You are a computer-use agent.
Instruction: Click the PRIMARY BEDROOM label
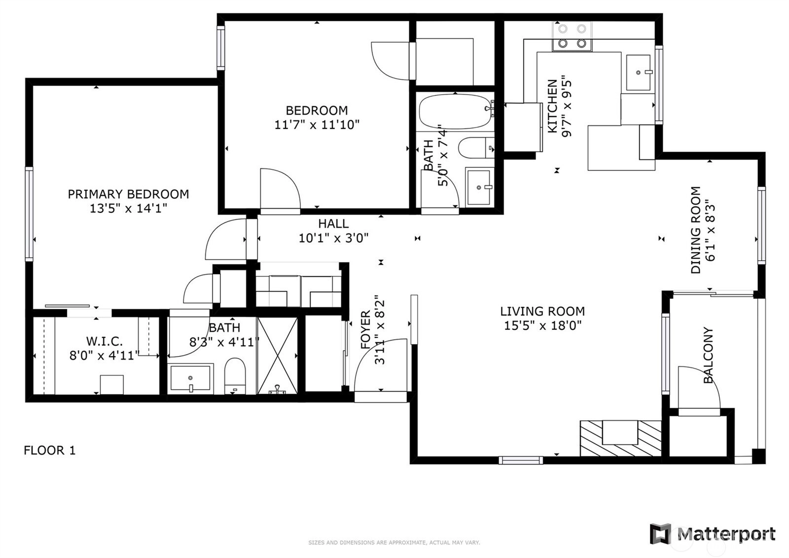(128, 194)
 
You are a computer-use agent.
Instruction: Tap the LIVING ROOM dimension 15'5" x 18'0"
(542, 325)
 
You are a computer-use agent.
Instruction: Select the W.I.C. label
(105, 341)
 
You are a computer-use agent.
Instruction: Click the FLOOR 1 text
(50, 450)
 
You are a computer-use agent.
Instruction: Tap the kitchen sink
(639, 73)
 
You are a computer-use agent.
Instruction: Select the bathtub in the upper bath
(456, 112)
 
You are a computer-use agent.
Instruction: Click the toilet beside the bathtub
(476, 148)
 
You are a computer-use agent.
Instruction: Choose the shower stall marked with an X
(278, 355)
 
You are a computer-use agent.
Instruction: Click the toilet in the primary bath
(235, 376)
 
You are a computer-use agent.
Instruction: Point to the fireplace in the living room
(621, 438)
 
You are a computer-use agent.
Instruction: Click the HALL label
(333, 223)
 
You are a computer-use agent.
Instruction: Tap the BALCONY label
(708, 355)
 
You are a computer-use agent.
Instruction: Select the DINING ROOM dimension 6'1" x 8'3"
(711, 230)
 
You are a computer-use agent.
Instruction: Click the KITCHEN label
(553, 106)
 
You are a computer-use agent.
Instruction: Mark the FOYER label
(365, 329)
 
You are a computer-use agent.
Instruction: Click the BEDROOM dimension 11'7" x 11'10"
(317, 124)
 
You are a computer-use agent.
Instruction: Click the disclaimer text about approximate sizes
(394, 543)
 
